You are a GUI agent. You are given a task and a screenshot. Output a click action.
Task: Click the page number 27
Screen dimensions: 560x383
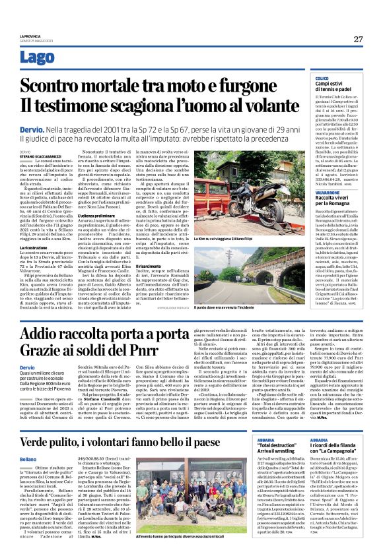358,39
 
